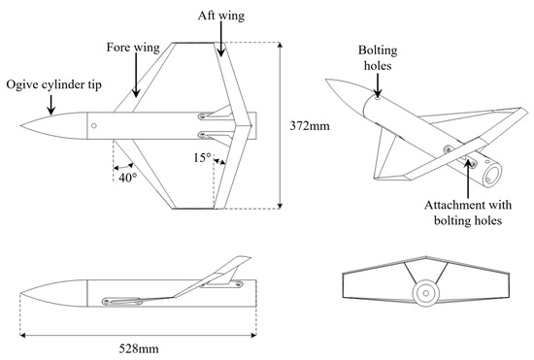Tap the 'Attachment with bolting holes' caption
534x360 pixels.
click(468, 213)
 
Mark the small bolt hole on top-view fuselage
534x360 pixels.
click(92, 125)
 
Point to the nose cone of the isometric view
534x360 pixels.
click(345, 97)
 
